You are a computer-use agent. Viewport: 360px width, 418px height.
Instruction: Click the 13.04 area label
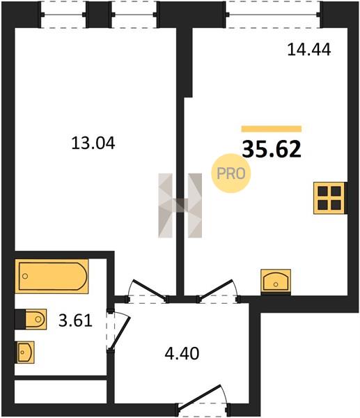pyautogui.click(x=93, y=144)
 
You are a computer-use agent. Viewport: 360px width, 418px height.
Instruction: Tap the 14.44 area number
pyautogui.click(x=309, y=49)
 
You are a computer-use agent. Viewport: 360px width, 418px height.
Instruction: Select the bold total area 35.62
pyautogui.click(x=272, y=149)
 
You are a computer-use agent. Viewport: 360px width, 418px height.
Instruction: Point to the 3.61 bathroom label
pyautogui.click(x=75, y=320)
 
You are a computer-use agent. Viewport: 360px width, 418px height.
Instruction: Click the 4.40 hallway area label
pyautogui.click(x=182, y=354)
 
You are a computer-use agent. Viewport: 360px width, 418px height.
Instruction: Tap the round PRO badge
pyautogui.click(x=231, y=173)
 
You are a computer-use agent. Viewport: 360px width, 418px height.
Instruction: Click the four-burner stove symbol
pyautogui.click(x=329, y=198)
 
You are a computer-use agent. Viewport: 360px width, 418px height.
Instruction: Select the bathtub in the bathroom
pyautogui.click(x=52, y=276)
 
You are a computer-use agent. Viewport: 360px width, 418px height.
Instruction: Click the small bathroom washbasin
pyautogui.click(x=26, y=352)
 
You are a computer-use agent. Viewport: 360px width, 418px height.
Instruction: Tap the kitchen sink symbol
pyautogui.click(x=276, y=281)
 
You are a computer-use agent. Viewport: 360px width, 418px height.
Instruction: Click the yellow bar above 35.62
pyautogui.click(x=272, y=129)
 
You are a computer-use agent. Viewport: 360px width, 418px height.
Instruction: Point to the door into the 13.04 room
pyautogui.click(x=150, y=288)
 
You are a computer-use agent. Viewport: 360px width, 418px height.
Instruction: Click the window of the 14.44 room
pyautogui.click(x=273, y=15)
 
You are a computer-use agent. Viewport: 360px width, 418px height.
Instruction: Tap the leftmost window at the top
pyautogui.click(x=63, y=15)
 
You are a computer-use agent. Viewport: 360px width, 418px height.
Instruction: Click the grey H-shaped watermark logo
pyautogui.click(x=180, y=206)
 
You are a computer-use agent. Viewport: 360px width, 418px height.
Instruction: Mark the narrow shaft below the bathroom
pyautogui.click(x=61, y=391)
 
